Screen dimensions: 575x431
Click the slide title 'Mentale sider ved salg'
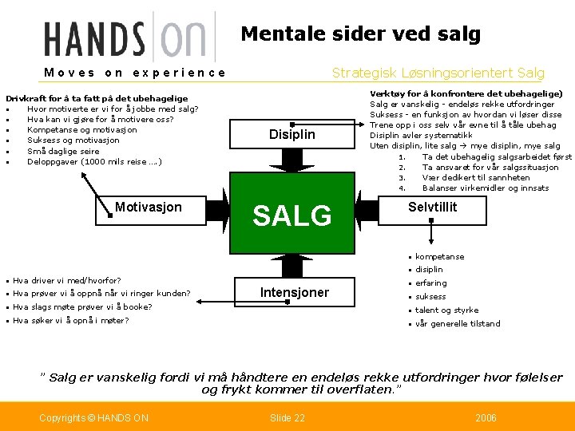point(360,34)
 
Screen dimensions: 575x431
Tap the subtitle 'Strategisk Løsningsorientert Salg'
point(438,73)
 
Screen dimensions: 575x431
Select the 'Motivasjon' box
point(148,208)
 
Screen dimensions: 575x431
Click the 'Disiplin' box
point(291,134)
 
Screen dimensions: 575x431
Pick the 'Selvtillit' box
point(432,207)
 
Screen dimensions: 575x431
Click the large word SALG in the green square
point(291,215)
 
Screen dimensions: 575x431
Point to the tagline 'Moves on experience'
point(135,73)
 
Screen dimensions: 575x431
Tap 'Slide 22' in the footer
point(287,417)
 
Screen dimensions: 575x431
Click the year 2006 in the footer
point(485,417)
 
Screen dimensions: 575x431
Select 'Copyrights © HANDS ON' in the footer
point(93,417)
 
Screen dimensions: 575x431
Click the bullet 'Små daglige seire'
point(63,151)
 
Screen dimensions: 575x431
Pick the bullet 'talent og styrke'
point(446,310)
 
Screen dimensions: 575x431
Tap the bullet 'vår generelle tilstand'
point(458,323)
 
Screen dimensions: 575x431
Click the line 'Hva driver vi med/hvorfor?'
point(67,280)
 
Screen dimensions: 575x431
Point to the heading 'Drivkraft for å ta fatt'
point(97,98)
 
